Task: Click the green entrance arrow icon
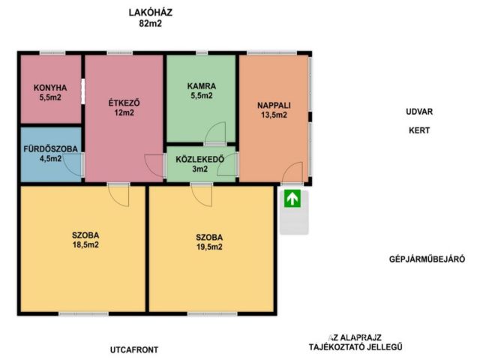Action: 292,198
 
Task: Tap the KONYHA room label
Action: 50,88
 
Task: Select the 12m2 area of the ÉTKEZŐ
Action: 124,112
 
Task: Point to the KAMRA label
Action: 202,86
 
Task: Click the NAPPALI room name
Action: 274,106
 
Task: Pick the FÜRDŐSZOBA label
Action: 51,149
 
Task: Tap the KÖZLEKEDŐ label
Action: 200,159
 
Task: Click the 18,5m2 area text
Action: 85,245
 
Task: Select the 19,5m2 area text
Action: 209,247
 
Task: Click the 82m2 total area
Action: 150,23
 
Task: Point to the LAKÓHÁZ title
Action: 151,13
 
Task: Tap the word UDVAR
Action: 419,112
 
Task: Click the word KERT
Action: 419,130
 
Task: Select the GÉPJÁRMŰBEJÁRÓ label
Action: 427,259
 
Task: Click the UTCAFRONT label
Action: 134,349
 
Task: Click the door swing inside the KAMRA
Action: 216,133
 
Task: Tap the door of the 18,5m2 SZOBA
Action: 119,196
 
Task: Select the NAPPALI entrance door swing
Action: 292,172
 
